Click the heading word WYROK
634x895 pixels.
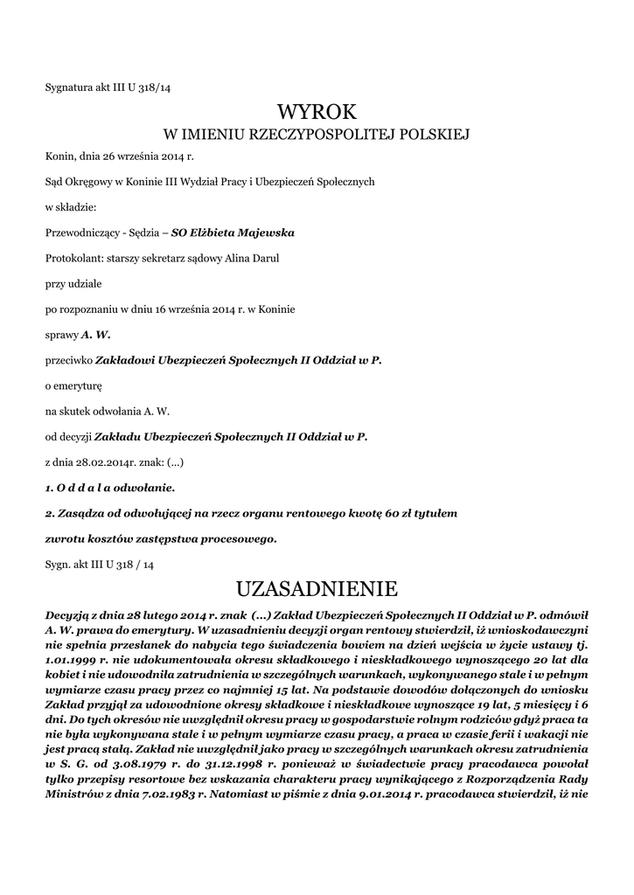click(317, 112)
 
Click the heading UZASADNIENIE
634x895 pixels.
click(317, 586)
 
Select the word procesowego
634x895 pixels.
click(234, 538)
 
